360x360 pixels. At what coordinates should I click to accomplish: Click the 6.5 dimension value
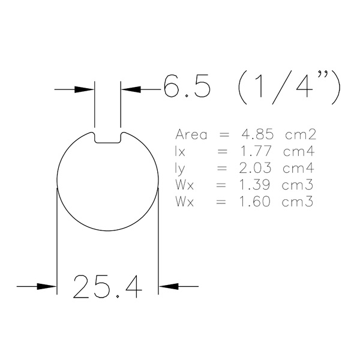pyautogui.click(x=187, y=86)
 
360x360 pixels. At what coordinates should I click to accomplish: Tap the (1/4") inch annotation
pyautogui.click(x=289, y=87)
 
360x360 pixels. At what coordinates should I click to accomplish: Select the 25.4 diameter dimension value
pyautogui.click(x=107, y=287)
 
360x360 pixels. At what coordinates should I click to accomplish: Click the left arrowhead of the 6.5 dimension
pyautogui.click(x=84, y=89)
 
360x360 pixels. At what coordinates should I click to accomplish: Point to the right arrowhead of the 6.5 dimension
pyautogui.click(x=131, y=89)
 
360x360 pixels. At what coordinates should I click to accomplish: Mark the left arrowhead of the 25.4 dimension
pyautogui.click(x=47, y=286)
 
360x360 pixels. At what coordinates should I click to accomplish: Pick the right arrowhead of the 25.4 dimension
pyautogui.click(x=169, y=286)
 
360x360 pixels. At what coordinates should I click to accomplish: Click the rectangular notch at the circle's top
pyautogui.click(x=107, y=138)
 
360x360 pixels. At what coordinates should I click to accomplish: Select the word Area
pyautogui.click(x=191, y=134)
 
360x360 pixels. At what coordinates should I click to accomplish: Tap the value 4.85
pyautogui.click(x=257, y=134)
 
